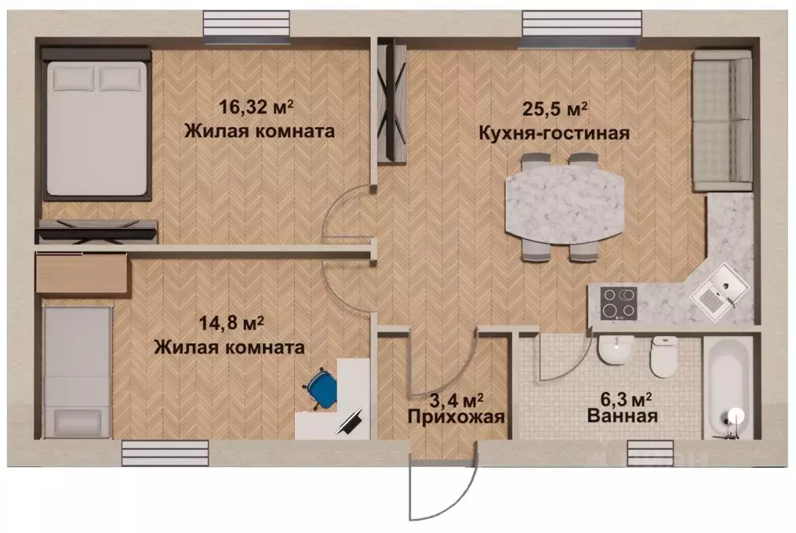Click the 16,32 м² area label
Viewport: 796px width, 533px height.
tap(259, 107)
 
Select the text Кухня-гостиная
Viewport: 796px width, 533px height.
tap(553, 132)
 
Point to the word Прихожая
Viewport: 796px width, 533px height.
tap(456, 417)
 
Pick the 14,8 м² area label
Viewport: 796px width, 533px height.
tap(230, 321)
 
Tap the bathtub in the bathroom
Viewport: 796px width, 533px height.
tap(728, 387)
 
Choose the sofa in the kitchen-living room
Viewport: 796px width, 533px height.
tap(721, 121)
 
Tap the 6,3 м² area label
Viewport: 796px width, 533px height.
tap(623, 400)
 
